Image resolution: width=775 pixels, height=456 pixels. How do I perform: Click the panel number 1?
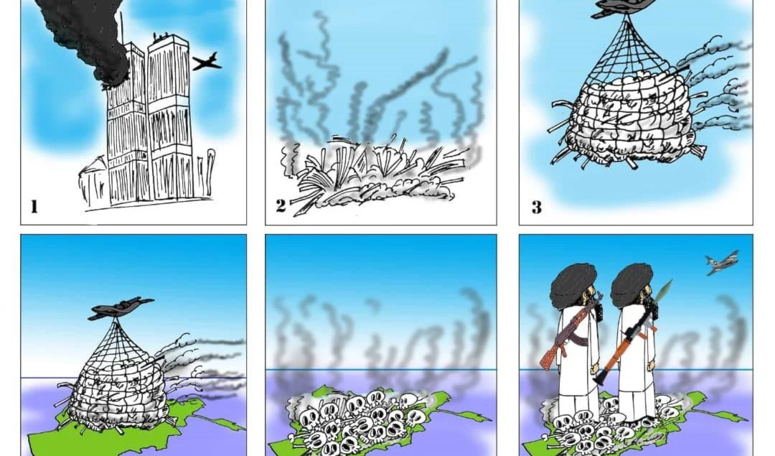(34, 206)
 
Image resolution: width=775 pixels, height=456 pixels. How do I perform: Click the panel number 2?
(281, 206)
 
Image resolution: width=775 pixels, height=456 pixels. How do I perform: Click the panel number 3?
(537, 207)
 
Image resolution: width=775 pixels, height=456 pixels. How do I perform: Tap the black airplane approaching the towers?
(207, 61)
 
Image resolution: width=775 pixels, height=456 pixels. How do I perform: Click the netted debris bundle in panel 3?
(628, 118)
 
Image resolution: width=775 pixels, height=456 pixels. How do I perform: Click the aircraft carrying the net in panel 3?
(624, 8)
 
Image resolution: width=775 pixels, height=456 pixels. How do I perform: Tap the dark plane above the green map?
(121, 307)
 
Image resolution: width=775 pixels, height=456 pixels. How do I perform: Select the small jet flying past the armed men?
(722, 262)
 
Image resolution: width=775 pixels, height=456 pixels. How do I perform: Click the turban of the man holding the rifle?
(573, 285)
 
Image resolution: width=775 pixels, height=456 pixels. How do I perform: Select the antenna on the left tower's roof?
(122, 27)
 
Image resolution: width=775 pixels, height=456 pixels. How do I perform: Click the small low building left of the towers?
(93, 180)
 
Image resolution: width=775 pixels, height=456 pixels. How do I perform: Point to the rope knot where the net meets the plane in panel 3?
(628, 18)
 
